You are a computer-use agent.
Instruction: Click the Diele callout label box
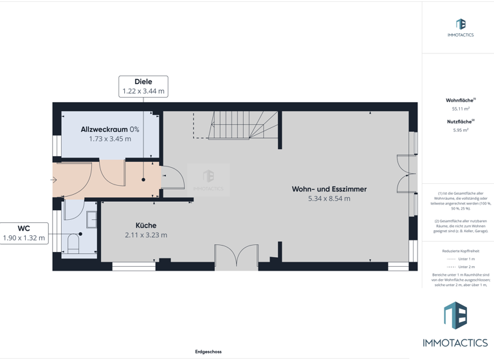[x=143, y=86]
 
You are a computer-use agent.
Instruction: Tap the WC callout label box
[x=24, y=233]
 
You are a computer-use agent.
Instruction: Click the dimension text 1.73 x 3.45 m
[x=110, y=139]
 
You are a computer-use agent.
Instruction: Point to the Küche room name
[x=146, y=226]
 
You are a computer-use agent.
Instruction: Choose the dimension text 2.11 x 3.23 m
[x=146, y=235]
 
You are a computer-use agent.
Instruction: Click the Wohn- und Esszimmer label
[x=329, y=189]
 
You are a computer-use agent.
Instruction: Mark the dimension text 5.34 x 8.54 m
[x=329, y=199]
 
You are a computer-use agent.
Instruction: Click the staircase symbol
[x=237, y=125]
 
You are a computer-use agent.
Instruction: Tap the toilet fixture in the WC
[x=73, y=243]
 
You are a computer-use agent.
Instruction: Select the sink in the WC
[x=91, y=219]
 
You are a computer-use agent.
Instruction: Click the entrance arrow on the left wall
[x=54, y=180]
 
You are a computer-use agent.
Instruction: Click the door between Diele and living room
[x=171, y=178]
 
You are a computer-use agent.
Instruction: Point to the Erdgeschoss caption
[x=208, y=352]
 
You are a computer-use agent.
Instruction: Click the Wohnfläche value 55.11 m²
[x=461, y=109]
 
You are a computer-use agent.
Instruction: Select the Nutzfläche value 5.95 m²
[x=461, y=130]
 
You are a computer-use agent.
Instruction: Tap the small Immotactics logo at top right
[x=461, y=25]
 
